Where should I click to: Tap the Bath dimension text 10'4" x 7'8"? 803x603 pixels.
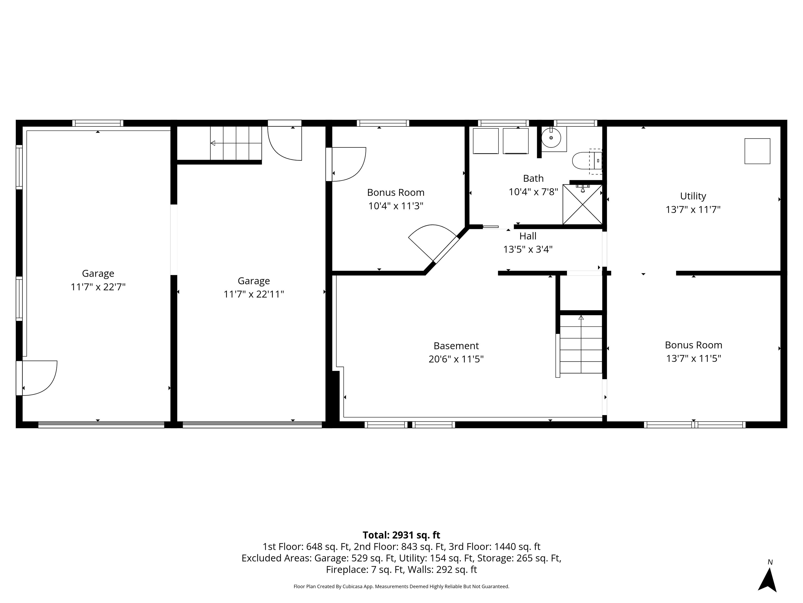(x=533, y=192)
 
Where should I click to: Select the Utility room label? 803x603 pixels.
(x=693, y=196)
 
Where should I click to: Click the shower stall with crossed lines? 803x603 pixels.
(x=582, y=205)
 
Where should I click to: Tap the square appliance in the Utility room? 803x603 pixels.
(x=757, y=151)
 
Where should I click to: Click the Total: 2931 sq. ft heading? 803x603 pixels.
(x=401, y=535)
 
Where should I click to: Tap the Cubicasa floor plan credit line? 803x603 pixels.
(x=401, y=586)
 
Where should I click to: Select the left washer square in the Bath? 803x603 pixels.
(x=485, y=141)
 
